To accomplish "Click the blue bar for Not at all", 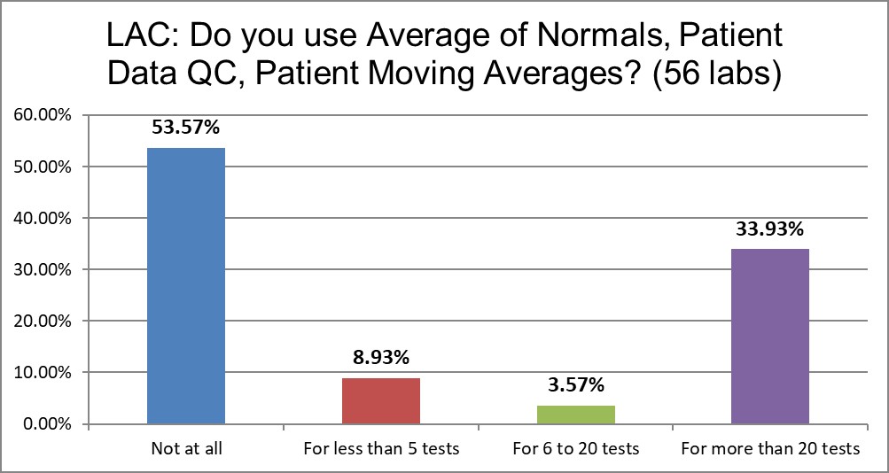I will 186,286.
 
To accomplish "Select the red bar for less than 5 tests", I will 380,401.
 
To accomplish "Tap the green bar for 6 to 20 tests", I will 575,415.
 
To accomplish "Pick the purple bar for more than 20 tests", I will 770,337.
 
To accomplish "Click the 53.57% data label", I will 186,128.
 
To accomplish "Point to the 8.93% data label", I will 380,358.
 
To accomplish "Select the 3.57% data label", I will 575,384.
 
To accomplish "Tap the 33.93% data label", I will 770,230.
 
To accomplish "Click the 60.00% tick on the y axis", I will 43,116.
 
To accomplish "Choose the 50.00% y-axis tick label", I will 43,167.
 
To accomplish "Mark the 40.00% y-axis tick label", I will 43,219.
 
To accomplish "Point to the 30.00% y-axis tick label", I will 43,270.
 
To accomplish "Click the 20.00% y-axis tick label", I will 43,322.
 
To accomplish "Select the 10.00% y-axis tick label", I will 43,373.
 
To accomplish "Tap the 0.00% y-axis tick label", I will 47,424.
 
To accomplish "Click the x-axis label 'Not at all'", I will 186,449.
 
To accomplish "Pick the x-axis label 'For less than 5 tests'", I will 380,449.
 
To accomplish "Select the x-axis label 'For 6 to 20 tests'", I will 575,449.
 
